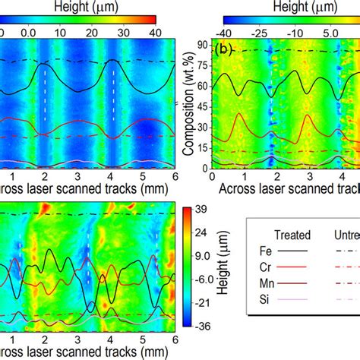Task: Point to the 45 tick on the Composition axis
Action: (201, 106)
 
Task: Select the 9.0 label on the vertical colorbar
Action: (201, 279)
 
